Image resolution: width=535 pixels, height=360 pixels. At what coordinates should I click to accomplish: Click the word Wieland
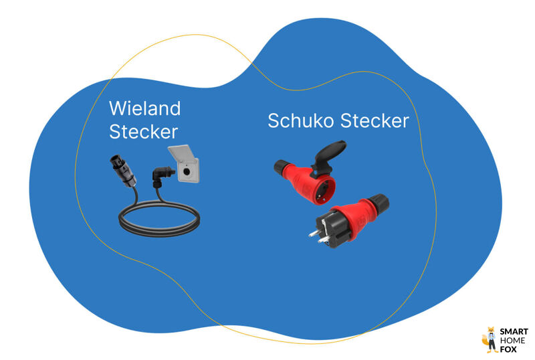click(x=144, y=108)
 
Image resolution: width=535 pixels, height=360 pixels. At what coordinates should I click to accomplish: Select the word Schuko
click(x=302, y=121)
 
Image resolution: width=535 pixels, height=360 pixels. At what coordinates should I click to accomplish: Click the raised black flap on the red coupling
click(x=332, y=151)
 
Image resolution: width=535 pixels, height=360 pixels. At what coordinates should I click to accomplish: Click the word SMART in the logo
click(x=514, y=332)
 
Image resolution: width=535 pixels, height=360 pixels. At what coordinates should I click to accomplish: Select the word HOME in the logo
click(x=512, y=340)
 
